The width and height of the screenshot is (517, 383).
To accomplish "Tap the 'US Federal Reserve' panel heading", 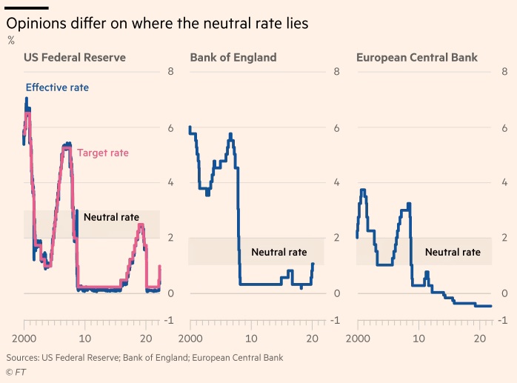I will (75, 57).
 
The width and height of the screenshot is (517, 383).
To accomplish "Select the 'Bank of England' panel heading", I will (233, 57).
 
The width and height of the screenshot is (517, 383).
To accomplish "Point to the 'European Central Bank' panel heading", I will (417, 57).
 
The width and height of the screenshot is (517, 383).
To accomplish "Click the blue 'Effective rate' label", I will (57, 87).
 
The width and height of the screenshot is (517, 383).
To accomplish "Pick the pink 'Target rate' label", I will (103, 153).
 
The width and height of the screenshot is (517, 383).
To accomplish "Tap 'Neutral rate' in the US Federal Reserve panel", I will (111, 217).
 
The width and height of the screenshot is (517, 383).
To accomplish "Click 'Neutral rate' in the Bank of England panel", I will (278, 252).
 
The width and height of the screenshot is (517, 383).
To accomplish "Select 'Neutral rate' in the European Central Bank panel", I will (453, 252).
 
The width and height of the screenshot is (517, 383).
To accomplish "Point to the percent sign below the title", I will (10, 40).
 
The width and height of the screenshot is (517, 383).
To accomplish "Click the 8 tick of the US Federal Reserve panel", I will (170, 72).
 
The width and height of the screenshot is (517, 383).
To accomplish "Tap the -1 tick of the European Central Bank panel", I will (501, 321).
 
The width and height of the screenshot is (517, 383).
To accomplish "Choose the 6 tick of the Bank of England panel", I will (336, 128).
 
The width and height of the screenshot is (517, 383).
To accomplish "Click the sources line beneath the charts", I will (144, 357).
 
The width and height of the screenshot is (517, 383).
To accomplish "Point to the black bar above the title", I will (27, 8).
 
